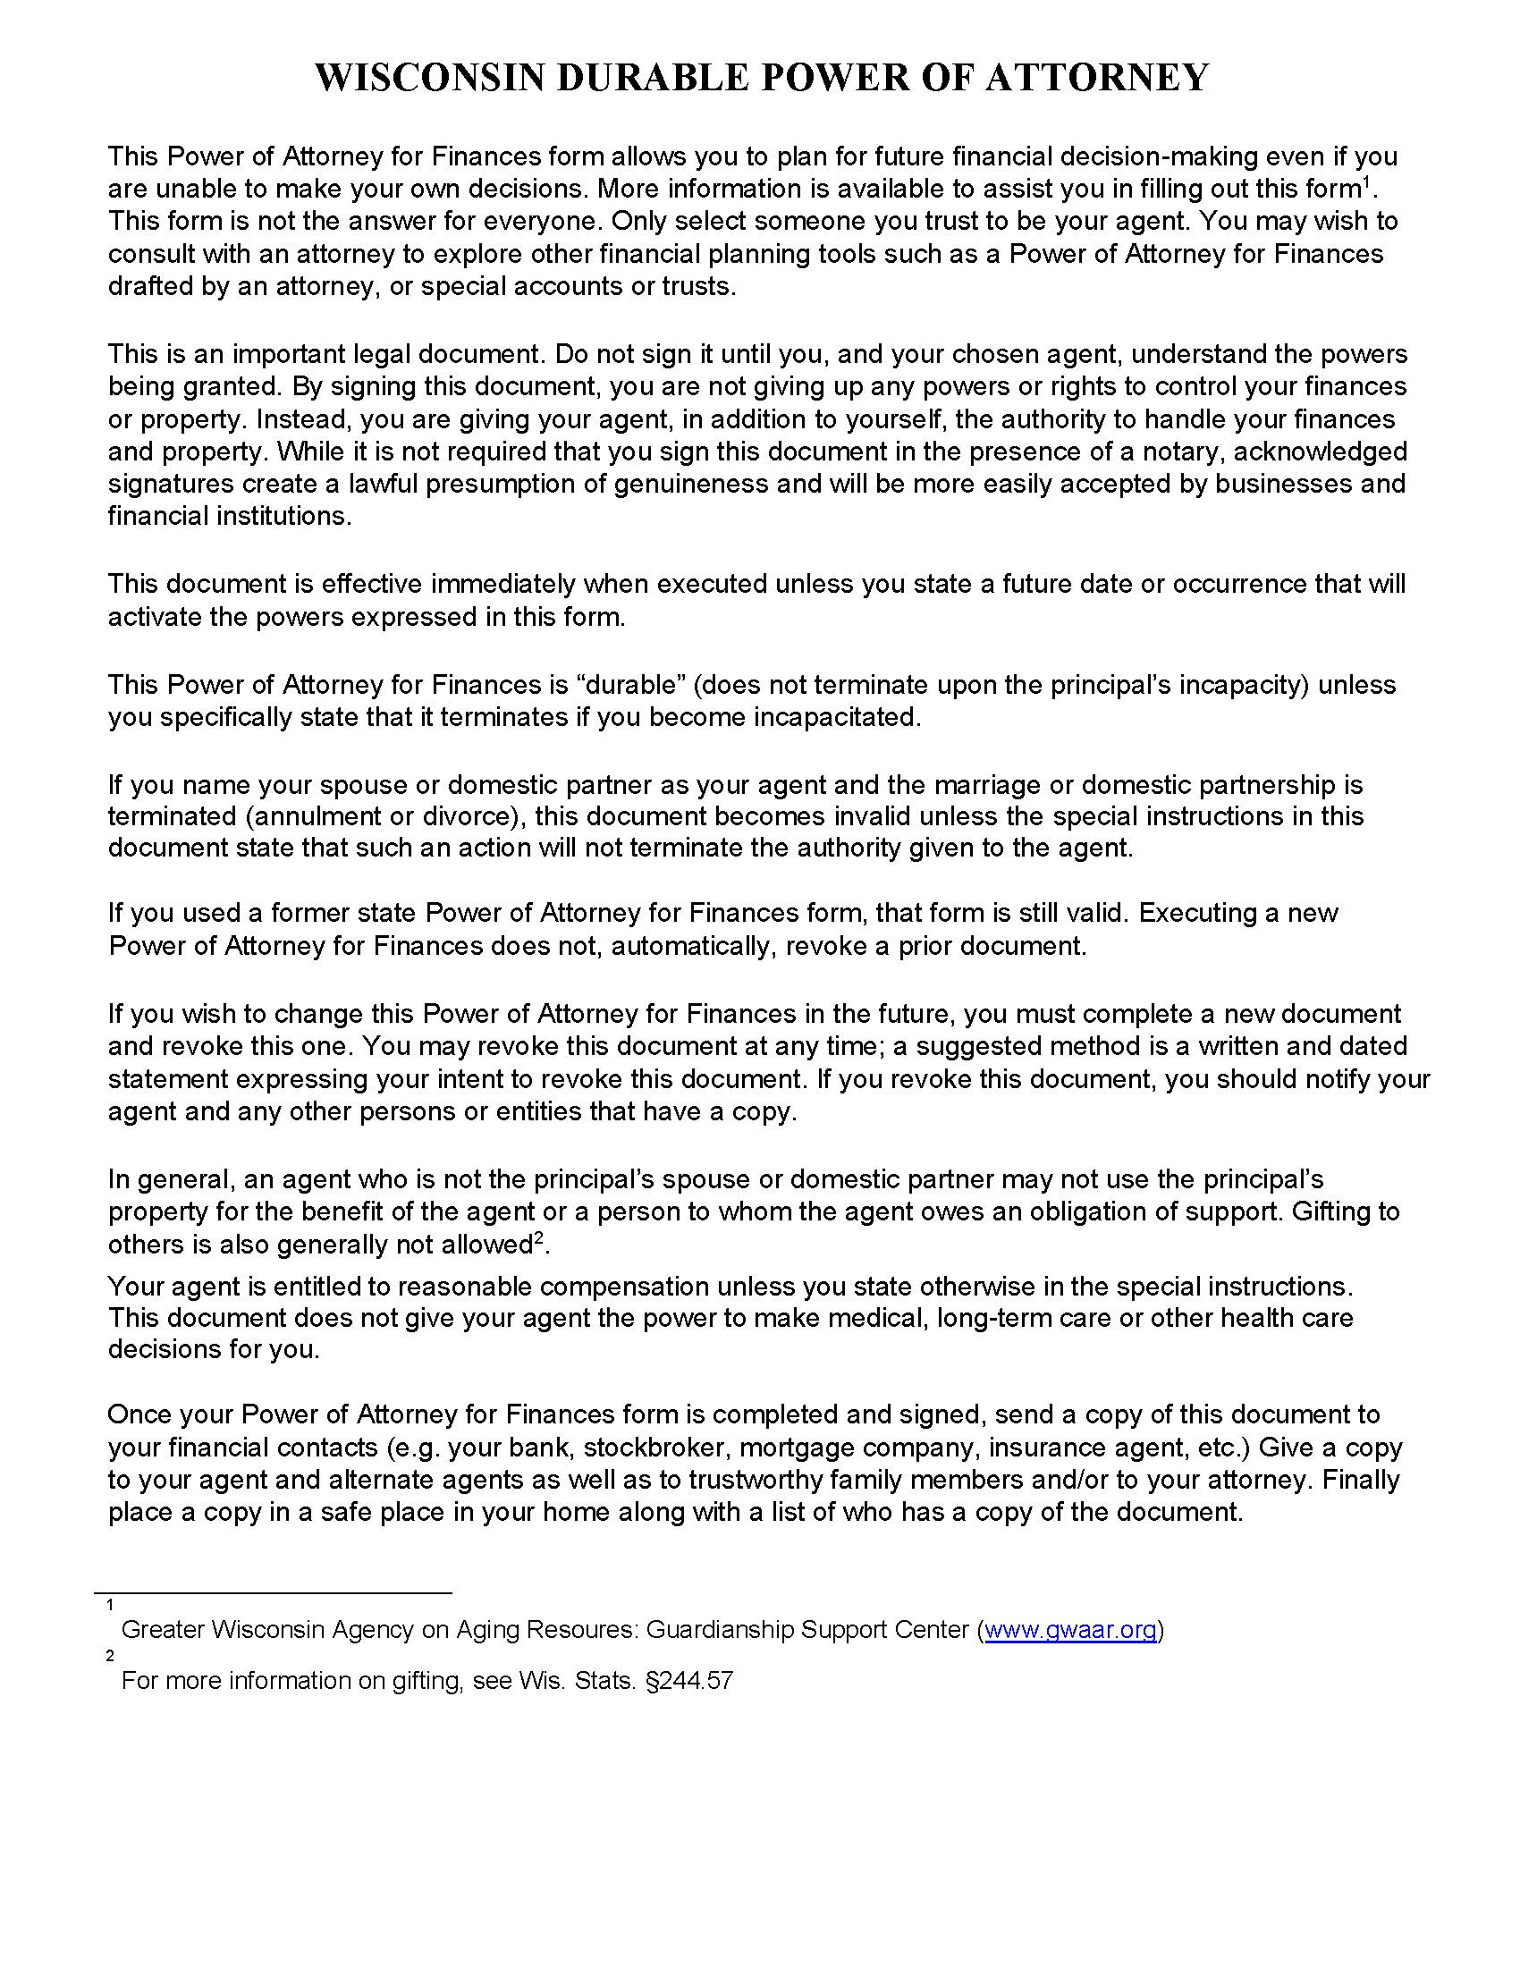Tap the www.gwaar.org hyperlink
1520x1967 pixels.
pyautogui.click(x=1069, y=1629)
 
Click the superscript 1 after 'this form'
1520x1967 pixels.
pyautogui.click(x=1365, y=182)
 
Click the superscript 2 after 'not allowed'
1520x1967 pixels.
pyautogui.click(x=539, y=1238)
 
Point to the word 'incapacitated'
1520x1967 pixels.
pyautogui.click(x=834, y=717)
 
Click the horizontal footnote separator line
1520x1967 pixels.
pyautogui.click(x=273, y=1593)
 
